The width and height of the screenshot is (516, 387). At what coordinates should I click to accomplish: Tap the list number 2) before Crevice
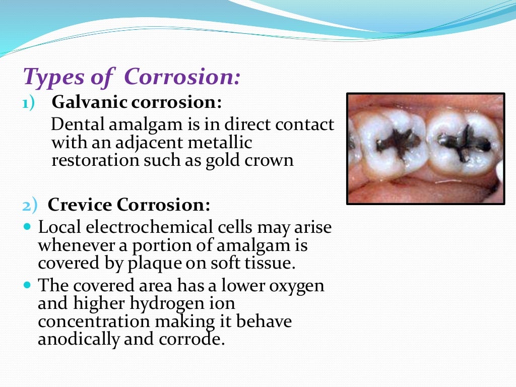(x=31, y=206)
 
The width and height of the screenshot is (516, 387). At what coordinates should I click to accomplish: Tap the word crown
(x=276, y=161)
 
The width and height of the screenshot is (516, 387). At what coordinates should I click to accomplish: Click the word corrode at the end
(x=192, y=339)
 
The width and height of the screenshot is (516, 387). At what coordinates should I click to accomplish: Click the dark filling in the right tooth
(x=464, y=142)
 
